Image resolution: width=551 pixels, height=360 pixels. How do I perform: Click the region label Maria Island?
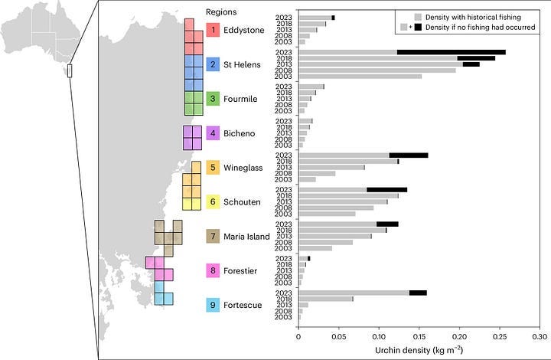click(x=247, y=237)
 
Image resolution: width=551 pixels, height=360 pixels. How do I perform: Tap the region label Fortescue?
click(x=243, y=306)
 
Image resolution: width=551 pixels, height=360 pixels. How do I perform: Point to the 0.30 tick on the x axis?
click(x=540, y=335)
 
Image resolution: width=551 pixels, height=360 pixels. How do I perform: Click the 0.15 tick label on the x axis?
click(x=419, y=335)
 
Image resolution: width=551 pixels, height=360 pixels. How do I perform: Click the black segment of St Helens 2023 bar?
click(x=452, y=52)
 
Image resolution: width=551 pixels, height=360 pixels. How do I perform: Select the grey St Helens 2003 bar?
click(x=360, y=76)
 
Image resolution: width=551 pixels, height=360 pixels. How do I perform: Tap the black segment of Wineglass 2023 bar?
click(x=409, y=155)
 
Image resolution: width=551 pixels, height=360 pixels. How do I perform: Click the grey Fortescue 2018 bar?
click(x=325, y=299)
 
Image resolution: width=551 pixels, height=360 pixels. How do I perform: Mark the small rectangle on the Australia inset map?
click(x=69, y=70)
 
